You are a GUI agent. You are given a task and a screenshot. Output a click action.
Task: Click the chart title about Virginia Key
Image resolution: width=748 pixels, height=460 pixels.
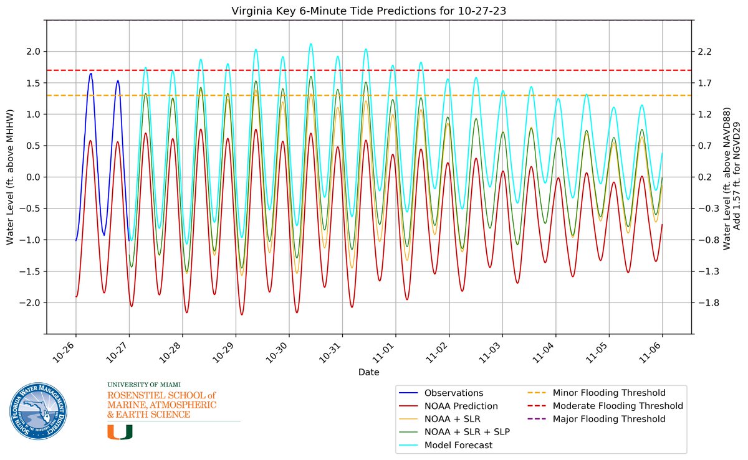(x=369, y=9)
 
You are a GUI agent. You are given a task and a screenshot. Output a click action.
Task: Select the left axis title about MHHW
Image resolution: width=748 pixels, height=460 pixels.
(x=11, y=177)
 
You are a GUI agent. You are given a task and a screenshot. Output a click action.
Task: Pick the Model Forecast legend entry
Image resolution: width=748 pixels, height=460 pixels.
(x=458, y=445)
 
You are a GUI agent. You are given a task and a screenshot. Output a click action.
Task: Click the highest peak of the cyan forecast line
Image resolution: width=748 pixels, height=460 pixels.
(x=310, y=44)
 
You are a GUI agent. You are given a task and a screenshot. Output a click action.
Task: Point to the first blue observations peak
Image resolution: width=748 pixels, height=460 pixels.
(x=91, y=73)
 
